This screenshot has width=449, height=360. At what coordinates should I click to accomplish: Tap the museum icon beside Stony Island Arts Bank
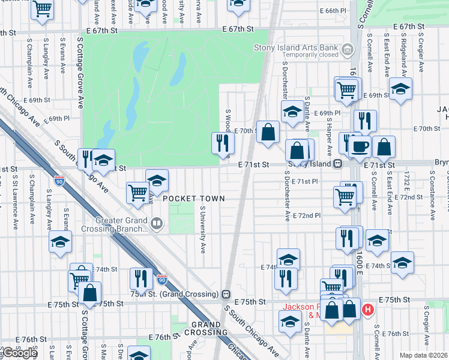(347, 49)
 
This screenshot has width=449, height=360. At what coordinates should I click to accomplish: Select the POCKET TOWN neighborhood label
(193, 199)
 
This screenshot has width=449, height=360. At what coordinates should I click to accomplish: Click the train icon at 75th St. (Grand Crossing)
(226, 295)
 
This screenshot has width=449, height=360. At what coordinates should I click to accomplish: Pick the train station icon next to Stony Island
(338, 163)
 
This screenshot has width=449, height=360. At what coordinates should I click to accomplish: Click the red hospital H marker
(369, 310)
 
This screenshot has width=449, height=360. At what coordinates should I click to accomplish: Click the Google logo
(19, 352)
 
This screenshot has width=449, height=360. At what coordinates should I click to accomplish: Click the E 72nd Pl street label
(307, 215)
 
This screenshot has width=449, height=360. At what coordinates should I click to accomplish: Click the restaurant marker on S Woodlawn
(222, 142)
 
